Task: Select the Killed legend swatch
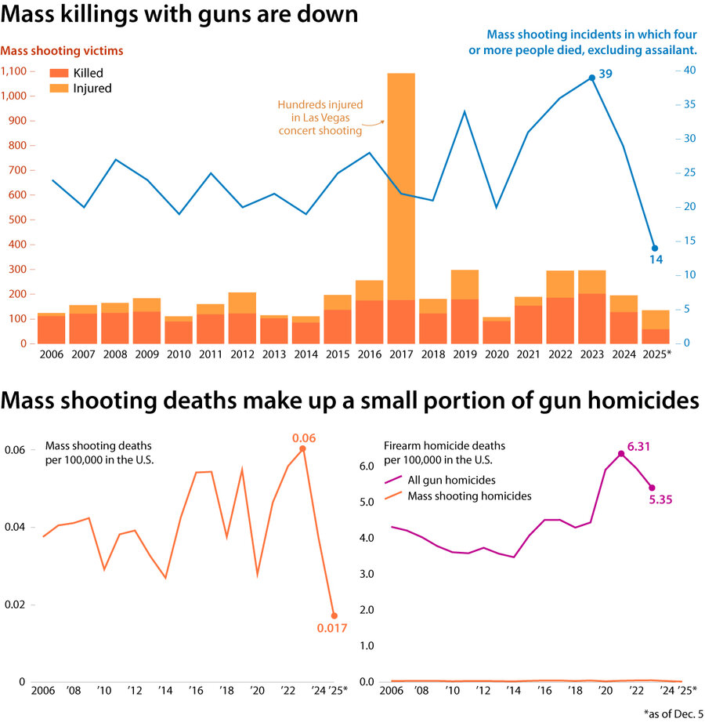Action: [60, 73]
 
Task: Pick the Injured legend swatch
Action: [60, 89]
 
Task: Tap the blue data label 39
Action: [606, 74]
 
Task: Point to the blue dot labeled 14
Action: [655, 248]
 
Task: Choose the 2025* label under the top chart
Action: [656, 354]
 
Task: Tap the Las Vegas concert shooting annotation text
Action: [320, 118]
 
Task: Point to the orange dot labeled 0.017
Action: [334, 615]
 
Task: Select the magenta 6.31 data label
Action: [639, 446]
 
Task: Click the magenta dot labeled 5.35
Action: [652, 488]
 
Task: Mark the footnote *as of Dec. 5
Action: [667, 714]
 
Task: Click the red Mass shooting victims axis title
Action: [62, 51]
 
